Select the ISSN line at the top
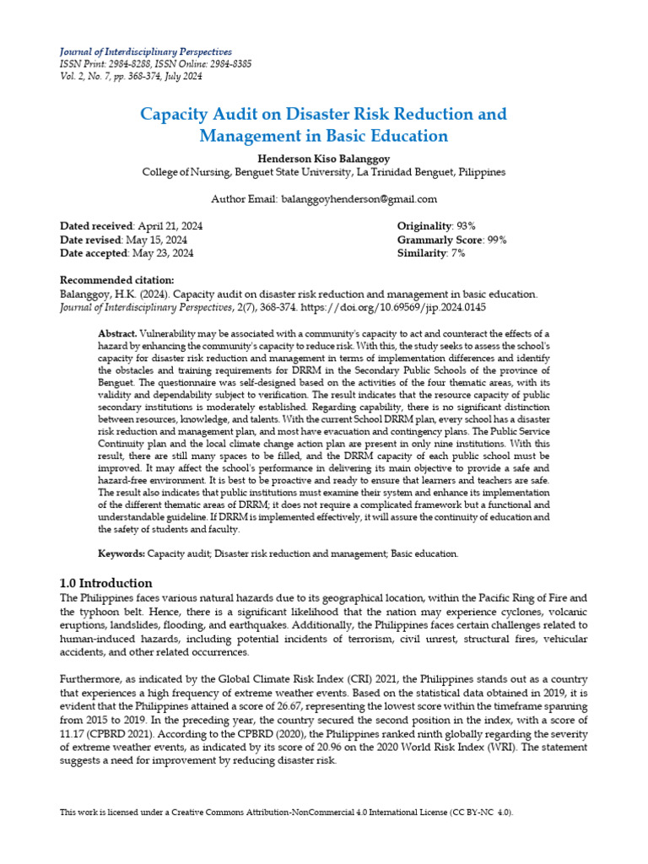point(155,64)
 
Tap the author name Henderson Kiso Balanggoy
point(324,158)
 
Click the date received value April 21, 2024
point(170,226)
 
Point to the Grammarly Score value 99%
point(496,240)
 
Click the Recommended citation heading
point(117,280)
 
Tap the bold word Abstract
point(117,334)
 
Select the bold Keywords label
point(122,553)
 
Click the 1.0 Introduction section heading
point(105,583)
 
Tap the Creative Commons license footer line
point(286,812)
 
